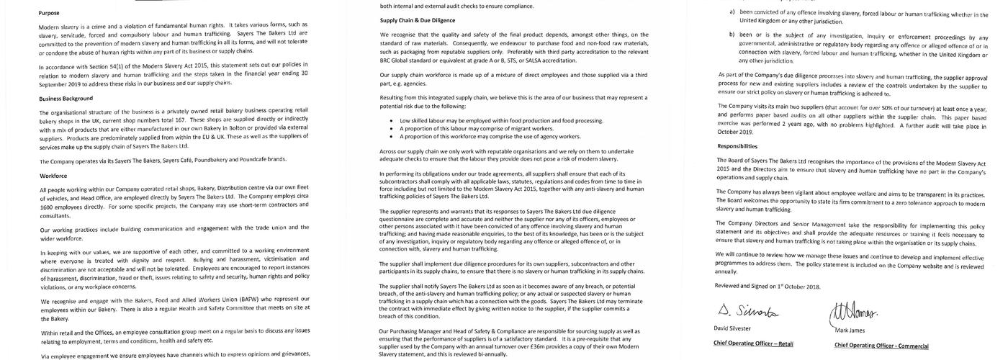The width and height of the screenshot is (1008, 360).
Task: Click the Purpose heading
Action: click(49, 13)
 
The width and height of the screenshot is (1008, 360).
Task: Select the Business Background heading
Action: click(66, 98)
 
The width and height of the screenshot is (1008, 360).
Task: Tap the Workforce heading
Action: click(54, 176)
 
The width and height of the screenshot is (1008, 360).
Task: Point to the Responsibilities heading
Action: click(742, 145)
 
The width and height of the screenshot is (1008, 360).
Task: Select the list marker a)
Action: click(732, 13)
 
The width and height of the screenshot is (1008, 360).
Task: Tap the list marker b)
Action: click(732, 35)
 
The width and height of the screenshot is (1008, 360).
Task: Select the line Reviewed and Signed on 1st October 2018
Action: click(768, 287)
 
